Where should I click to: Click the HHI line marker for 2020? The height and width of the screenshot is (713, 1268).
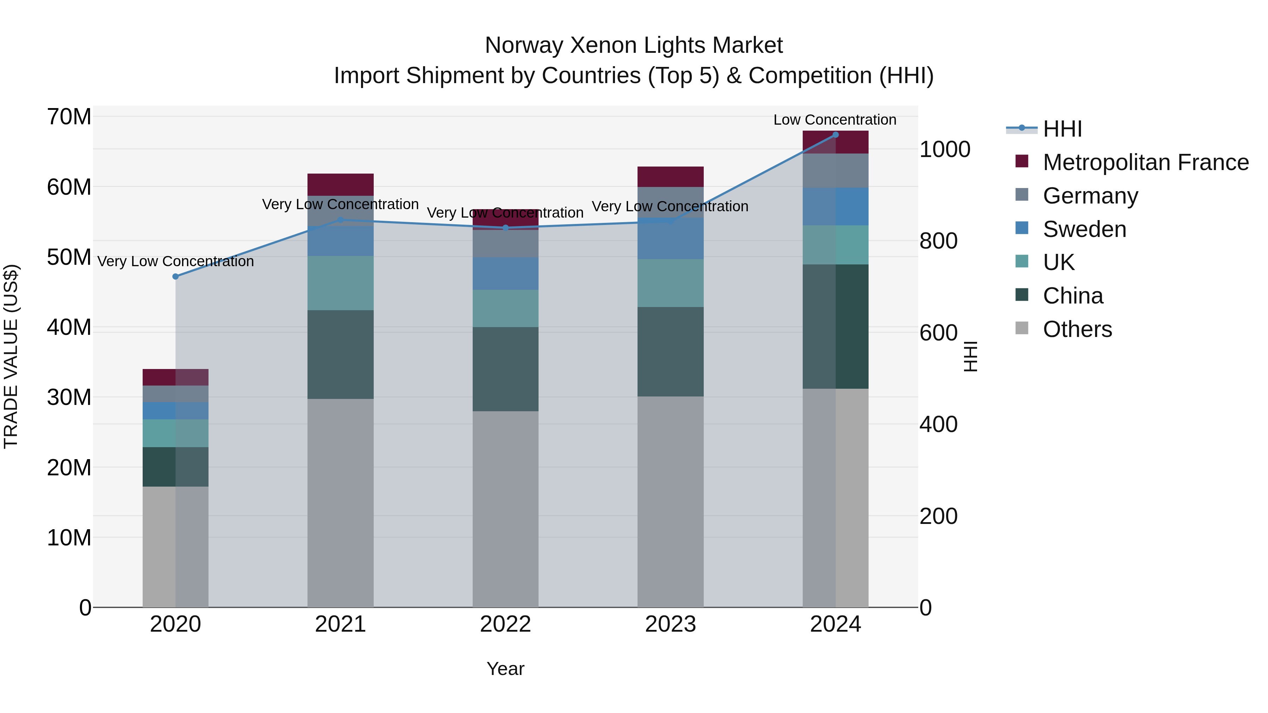coord(175,276)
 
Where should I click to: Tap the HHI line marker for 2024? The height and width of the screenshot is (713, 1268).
coord(835,135)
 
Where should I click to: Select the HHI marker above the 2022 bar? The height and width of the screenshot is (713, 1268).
coord(505,228)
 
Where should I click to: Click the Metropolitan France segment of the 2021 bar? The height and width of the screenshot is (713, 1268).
coord(340,184)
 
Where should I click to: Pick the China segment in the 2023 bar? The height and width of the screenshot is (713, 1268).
coord(670,352)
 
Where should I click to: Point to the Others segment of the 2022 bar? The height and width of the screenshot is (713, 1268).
coord(505,509)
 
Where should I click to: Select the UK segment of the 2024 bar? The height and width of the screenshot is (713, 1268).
coord(835,245)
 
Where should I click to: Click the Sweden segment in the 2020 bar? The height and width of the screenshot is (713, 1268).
coord(175,411)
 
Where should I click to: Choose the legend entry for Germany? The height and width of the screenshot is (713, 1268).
coord(1090,196)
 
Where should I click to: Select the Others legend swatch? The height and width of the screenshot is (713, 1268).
coord(1022,328)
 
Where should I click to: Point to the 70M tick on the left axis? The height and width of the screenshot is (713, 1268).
coord(69,117)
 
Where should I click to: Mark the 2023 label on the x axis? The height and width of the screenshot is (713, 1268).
coord(670,624)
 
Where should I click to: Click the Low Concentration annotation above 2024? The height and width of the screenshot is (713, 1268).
coord(835,120)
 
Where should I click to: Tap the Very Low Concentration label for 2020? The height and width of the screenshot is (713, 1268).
coord(175,261)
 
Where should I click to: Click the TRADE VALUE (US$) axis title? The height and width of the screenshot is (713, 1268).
coord(11,356)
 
